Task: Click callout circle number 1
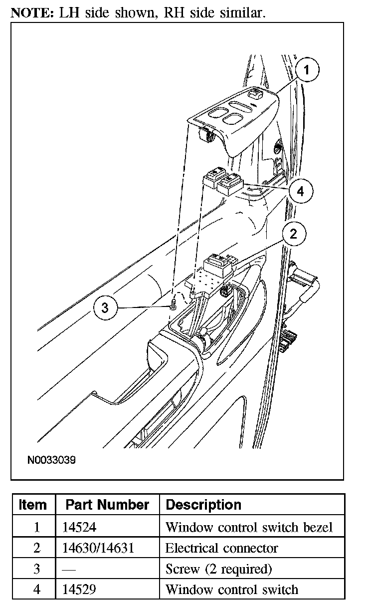[307, 71]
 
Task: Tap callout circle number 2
[293, 233]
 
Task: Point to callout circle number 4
[300, 191]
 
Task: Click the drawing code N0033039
[51, 459]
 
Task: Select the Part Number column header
[107, 505]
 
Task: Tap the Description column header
[203, 505]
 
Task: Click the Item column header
[32, 505]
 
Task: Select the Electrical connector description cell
[221, 548]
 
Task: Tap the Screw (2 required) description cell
[218, 569]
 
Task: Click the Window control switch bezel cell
[248, 527]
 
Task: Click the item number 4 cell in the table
[36, 590]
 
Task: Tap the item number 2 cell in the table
[36, 548]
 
